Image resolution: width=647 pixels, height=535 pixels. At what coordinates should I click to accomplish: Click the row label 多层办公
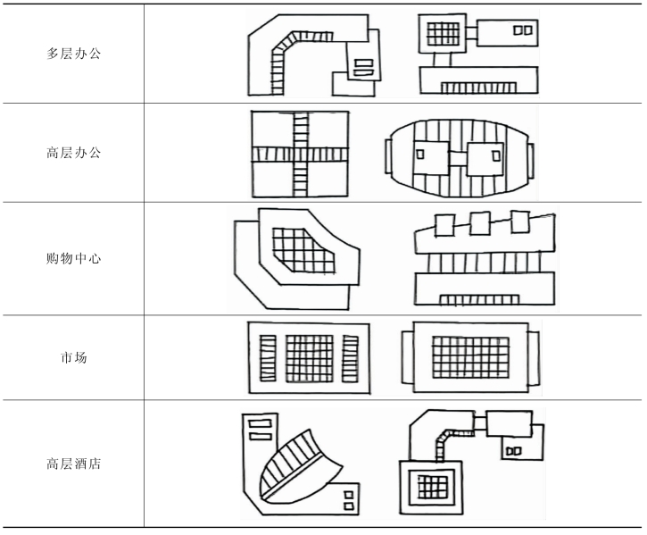(x=74, y=54)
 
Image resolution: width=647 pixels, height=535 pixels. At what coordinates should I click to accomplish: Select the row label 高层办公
(x=74, y=153)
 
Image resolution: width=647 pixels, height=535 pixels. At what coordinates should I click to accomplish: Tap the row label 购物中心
(x=74, y=259)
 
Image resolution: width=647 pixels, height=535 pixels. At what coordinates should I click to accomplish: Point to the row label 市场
(x=74, y=358)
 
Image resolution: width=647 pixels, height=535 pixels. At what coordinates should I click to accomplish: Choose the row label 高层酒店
(x=74, y=464)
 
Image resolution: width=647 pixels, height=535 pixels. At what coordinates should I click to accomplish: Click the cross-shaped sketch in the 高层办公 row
(x=299, y=154)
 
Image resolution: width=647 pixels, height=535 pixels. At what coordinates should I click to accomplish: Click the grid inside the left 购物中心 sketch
(x=302, y=249)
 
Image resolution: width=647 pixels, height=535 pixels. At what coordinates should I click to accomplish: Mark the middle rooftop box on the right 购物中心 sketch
(x=480, y=222)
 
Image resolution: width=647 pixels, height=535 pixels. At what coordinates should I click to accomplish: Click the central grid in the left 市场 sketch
(x=309, y=358)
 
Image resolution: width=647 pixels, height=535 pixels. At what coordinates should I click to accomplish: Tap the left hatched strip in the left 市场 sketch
(x=268, y=358)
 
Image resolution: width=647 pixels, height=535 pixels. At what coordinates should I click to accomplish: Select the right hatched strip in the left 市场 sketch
(x=350, y=358)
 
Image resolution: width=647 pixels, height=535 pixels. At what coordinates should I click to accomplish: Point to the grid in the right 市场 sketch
(x=470, y=356)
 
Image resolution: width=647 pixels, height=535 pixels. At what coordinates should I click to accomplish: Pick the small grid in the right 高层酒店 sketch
(x=433, y=488)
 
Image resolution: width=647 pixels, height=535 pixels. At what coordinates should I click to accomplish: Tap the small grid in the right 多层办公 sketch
(x=443, y=34)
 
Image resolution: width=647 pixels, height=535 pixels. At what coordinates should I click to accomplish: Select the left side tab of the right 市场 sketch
(x=407, y=355)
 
